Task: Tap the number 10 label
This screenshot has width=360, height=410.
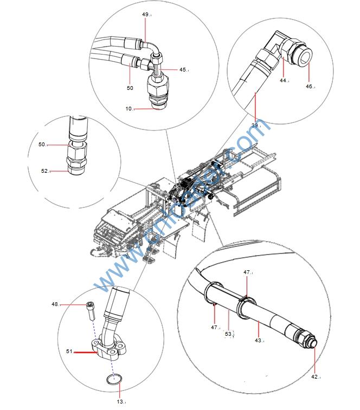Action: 129,109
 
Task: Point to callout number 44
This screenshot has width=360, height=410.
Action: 283,80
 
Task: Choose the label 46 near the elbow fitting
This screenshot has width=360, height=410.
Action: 309,86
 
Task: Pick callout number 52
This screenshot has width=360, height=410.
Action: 45,171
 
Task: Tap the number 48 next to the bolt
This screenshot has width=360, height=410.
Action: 55,304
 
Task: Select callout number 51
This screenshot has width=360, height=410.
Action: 69,351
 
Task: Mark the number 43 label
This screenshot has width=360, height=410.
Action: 259,340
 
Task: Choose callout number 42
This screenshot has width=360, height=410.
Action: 316,376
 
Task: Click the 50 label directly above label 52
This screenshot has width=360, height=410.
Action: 42,145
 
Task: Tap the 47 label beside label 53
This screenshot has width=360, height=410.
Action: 215,327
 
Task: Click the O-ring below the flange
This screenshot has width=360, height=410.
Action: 113,380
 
